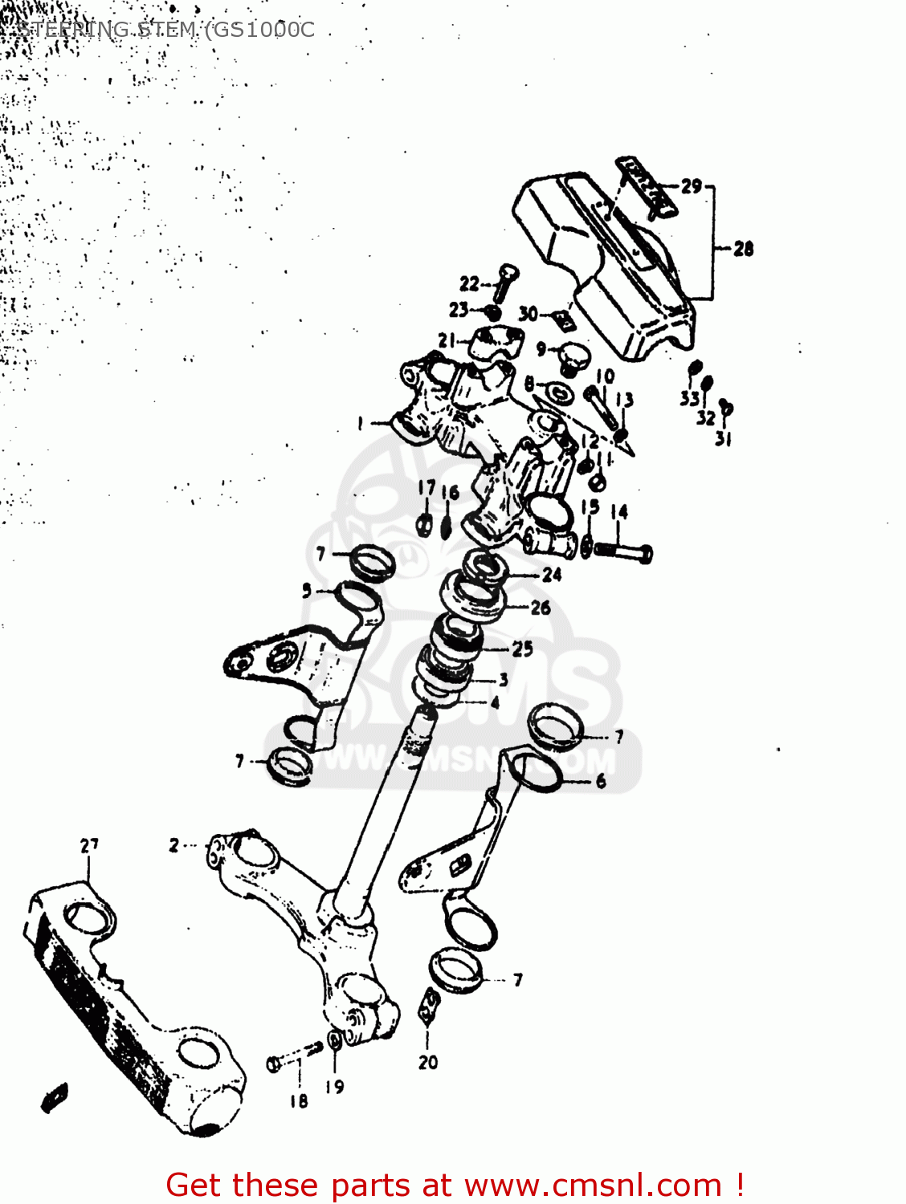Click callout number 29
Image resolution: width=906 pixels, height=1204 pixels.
click(x=692, y=186)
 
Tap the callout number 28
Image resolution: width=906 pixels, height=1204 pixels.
click(x=744, y=249)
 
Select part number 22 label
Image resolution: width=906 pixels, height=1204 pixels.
click(x=469, y=283)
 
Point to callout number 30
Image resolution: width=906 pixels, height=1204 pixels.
click(x=528, y=313)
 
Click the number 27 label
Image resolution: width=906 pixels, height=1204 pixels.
click(x=89, y=844)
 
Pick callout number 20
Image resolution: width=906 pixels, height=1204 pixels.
click(x=428, y=1062)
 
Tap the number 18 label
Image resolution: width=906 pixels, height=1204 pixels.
click(x=299, y=1100)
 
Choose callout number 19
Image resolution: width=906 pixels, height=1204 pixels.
click(x=335, y=1086)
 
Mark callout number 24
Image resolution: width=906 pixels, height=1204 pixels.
click(x=552, y=575)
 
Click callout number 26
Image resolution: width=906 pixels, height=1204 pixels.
click(x=541, y=608)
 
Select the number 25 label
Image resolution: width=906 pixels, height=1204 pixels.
click(x=523, y=649)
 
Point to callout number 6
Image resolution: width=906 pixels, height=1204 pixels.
click(x=601, y=780)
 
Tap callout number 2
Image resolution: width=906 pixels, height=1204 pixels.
click(x=174, y=844)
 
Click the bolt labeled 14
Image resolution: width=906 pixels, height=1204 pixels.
click(x=623, y=551)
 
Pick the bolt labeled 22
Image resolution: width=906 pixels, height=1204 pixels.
click(x=504, y=281)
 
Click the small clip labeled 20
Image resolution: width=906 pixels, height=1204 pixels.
click(x=429, y=1005)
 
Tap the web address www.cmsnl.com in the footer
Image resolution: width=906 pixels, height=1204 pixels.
click(x=594, y=1185)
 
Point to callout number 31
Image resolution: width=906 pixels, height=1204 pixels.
click(x=723, y=438)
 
